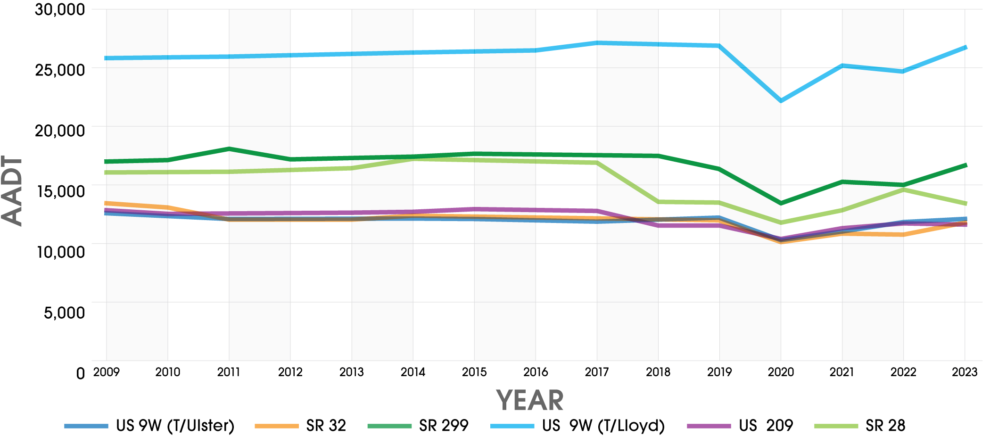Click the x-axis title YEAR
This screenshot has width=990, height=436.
530,401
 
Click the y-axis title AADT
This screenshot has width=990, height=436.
12,191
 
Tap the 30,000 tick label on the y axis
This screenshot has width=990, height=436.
60,9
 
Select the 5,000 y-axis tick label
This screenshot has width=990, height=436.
65,313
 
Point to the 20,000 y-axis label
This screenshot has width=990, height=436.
60,131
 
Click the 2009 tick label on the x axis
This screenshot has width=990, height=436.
107,372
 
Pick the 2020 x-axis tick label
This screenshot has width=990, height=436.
781,372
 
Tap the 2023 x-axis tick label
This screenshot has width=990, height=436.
965,372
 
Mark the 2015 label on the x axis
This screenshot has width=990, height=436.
474,372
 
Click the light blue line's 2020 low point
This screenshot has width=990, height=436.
781,100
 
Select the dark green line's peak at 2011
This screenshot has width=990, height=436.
229,149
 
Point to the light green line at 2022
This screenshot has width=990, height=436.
903,189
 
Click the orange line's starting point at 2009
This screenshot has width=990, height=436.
107,203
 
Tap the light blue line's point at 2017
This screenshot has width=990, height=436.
597,43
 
